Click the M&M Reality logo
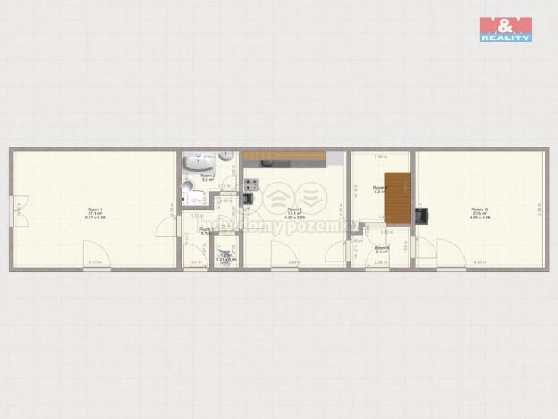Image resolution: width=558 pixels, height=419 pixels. pos(506,30)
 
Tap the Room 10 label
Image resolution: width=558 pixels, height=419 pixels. pos(480,212)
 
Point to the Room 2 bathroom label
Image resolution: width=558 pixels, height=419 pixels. pos(207,177)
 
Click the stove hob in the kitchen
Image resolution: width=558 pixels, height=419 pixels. pos(250,184)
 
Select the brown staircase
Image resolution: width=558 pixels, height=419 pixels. pos(398,198)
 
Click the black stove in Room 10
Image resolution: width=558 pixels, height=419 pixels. pos(423,215)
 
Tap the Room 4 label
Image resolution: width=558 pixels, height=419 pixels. pos(227,253)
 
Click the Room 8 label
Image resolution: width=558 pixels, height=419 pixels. pos(382,249)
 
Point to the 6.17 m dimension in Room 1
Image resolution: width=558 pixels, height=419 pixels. pos(93,261)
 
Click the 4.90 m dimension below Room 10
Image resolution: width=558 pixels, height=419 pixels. pos(479,261)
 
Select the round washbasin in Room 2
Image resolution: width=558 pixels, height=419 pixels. pos(225,157)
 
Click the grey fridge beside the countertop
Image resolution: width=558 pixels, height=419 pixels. pos(335,158)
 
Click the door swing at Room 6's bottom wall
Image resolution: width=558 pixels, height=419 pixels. pos(282,253)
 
